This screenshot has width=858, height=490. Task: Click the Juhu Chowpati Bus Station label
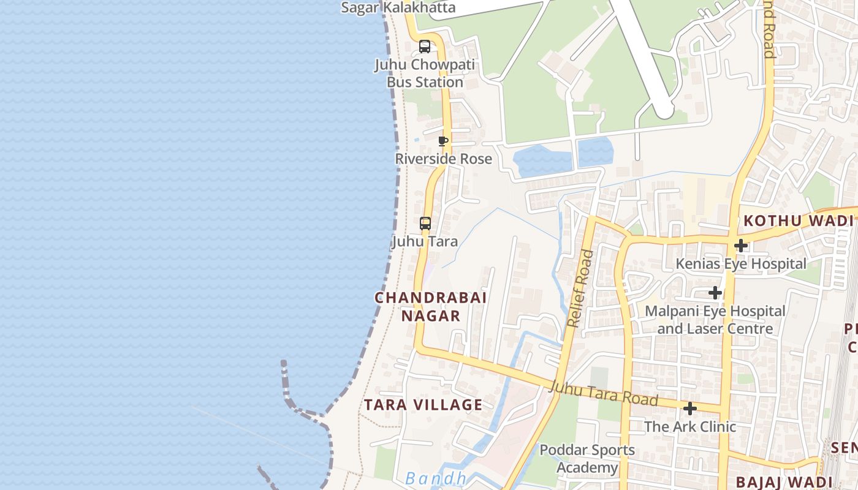coord(425,73)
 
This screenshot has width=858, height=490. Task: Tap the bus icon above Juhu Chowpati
coord(425,47)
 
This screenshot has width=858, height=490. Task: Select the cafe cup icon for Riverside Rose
coord(443,141)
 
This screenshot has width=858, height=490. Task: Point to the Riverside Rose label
coord(443,159)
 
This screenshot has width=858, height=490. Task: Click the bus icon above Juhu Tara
coord(425,224)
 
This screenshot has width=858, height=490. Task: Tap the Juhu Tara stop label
coord(425,241)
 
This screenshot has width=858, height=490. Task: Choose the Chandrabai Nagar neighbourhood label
coord(430,306)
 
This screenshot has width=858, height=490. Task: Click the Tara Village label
coord(423,405)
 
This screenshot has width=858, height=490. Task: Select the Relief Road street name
coord(579,288)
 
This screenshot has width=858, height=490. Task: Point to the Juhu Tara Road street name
coord(604,393)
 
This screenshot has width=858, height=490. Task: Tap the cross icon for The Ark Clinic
coord(690,409)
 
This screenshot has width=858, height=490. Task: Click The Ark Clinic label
coord(690,426)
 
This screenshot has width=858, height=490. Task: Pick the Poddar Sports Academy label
coord(587,459)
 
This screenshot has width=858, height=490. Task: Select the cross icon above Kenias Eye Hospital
coord(741,246)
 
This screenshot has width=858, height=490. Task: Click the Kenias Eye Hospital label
coord(741,264)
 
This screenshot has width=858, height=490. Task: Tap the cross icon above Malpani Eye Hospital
coord(715,293)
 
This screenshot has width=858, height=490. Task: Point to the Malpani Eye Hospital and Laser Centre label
coord(715,320)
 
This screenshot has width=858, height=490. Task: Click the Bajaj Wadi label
coord(783,482)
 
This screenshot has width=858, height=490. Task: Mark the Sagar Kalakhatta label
coord(398,7)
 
